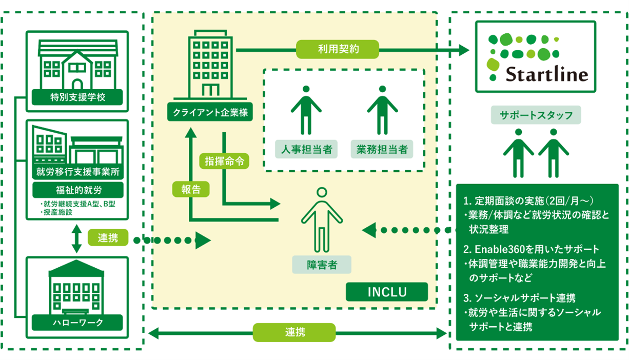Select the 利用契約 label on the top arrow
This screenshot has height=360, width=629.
[x=338, y=50]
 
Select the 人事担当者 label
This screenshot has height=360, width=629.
[x=306, y=150]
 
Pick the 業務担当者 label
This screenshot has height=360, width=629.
[x=382, y=150]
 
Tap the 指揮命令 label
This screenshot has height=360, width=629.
[x=224, y=161]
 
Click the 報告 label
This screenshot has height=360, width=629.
[x=191, y=189]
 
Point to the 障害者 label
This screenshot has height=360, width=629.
[x=322, y=265]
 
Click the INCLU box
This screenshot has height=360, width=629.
[x=387, y=292]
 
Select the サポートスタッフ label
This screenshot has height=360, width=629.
[x=536, y=115]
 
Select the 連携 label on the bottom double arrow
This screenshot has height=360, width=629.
[x=294, y=332]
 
